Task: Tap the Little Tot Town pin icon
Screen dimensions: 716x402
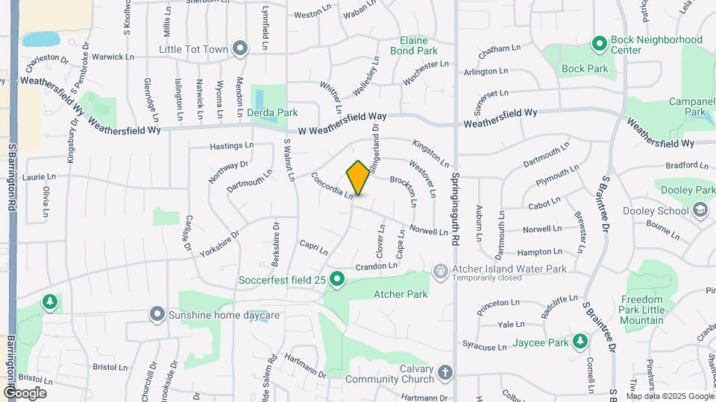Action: click(x=240, y=49)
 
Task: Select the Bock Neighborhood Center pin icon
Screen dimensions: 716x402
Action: click(x=599, y=44)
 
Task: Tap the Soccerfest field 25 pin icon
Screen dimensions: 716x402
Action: click(x=337, y=280)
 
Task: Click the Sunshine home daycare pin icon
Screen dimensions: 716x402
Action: click(x=157, y=315)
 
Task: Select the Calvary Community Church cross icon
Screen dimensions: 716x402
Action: click(x=445, y=372)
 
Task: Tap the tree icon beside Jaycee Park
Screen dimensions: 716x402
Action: click(x=580, y=342)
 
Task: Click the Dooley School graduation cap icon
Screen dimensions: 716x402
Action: click(x=700, y=211)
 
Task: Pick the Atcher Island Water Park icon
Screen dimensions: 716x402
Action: click(x=441, y=269)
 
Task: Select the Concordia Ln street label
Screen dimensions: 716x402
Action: click(x=332, y=186)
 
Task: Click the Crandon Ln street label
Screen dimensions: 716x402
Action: click(x=377, y=266)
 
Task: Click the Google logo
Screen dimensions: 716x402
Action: click(x=25, y=392)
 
